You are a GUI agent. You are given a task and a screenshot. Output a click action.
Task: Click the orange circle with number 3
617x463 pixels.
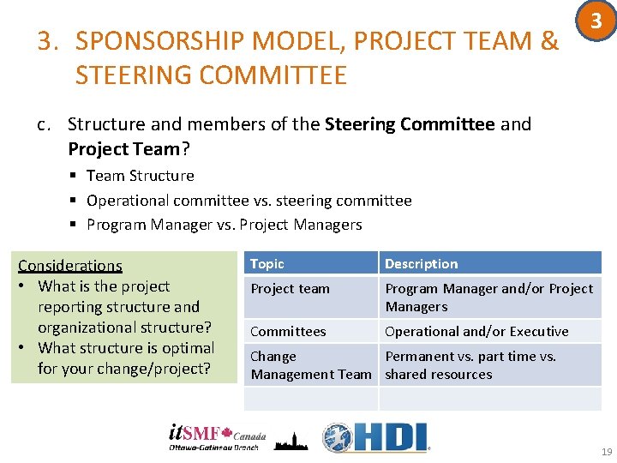pyautogui.click(x=591, y=22)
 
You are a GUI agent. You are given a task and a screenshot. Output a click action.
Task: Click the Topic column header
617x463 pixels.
pyautogui.click(x=267, y=264)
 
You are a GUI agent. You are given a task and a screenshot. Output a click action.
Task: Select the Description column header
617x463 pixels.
pyautogui.click(x=421, y=264)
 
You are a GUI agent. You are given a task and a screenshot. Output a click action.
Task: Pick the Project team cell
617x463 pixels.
pyautogui.click(x=290, y=289)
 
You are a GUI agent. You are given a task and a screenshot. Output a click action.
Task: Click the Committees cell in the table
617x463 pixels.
pyautogui.click(x=288, y=331)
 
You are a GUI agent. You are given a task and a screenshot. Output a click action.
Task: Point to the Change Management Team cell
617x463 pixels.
pyautogui.click(x=310, y=365)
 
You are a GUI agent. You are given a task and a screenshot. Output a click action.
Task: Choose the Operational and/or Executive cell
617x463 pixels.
pyautogui.click(x=476, y=331)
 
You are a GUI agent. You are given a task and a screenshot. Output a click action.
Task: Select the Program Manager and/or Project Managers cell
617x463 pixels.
pyautogui.click(x=488, y=298)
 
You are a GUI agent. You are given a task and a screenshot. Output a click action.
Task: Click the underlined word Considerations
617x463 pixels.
pyautogui.click(x=70, y=266)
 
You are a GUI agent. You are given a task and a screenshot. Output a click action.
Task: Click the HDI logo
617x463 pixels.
pyautogui.click(x=375, y=436)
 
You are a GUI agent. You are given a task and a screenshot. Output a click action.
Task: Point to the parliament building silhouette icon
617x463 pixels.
pyautogui.click(x=291, y=439)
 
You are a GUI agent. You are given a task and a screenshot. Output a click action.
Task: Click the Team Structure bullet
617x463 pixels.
pyautogui.click(x=140, y=176)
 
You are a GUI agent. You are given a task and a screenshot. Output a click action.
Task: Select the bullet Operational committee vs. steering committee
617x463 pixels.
pyautogui.click(x=249, y=201)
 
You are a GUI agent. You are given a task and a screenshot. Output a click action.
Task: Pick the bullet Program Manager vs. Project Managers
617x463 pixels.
pyautogui.click(x=224, y=225)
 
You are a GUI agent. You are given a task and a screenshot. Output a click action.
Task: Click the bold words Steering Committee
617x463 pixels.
pyautogui.click(x=410, y=124)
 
